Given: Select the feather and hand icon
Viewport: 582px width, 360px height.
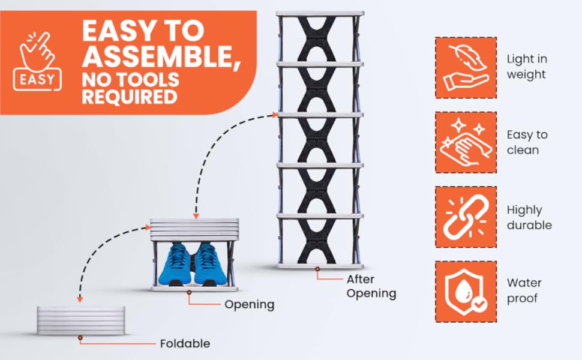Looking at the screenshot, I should [x=466, y=67].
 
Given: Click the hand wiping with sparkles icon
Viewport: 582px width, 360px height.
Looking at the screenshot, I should [x=466, y=142].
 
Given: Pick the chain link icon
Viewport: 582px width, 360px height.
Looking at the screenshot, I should [x=466, y=217].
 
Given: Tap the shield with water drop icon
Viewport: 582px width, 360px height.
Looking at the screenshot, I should [x=466, y=291].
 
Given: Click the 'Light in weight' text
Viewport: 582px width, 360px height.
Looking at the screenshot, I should [x=526, y=67].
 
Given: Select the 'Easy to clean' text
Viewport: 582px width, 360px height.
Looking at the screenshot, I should [x=527, y=142].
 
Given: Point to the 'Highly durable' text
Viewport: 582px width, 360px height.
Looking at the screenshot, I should [x=529, y=217].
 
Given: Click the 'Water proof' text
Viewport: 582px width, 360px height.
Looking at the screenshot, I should [x=524, y=290].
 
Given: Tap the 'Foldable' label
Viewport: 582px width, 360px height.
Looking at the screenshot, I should [x=185, y=344].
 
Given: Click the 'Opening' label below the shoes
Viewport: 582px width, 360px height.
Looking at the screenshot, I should [x=249, y=304].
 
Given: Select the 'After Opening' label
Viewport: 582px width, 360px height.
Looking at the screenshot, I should [x=371, y=286].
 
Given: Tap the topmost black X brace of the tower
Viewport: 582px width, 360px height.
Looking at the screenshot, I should [x=319, y=37].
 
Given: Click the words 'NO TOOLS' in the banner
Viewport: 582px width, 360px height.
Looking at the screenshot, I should [x=130, y=79].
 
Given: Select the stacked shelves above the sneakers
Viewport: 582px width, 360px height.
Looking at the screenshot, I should [x=194, y=229].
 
